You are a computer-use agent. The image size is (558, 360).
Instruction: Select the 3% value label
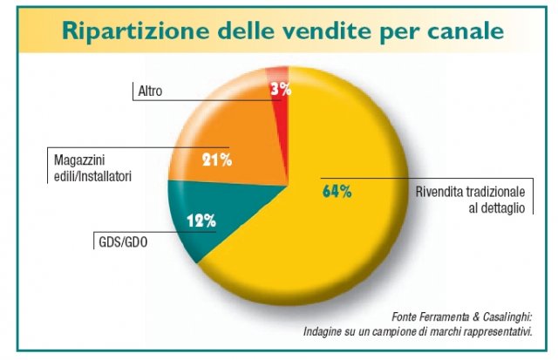(279, 89)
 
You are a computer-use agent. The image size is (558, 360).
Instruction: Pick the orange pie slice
(235, 139)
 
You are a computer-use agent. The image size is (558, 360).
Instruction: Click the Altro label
(150, 91)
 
